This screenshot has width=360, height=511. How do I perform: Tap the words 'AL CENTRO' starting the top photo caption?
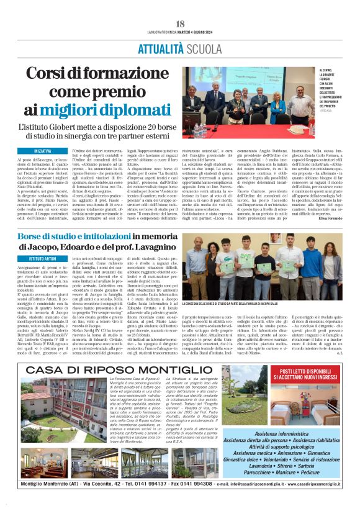click(326, 72)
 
